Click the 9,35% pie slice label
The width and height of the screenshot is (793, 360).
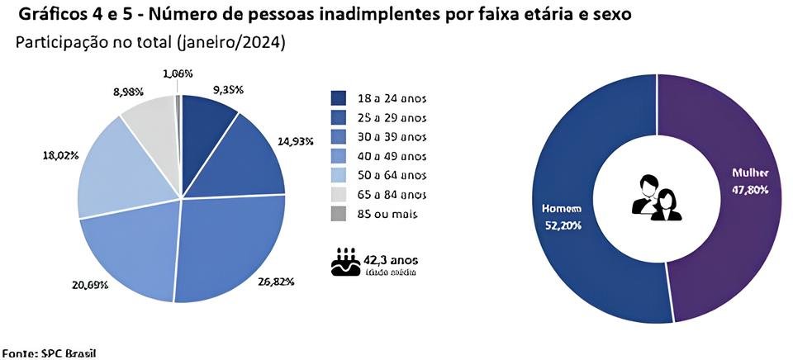(x=228, y=90)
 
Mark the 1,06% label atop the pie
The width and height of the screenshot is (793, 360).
(x=178, y=73)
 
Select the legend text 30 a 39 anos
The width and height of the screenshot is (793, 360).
(x=392, y=136)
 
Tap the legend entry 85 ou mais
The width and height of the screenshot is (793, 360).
(x=389, y=214)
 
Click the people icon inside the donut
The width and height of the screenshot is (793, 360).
(x=657, y=197)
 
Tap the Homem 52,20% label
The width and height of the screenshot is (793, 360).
(x=562, y=217)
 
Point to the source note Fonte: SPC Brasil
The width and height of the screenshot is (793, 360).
(x=49, y=353)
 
